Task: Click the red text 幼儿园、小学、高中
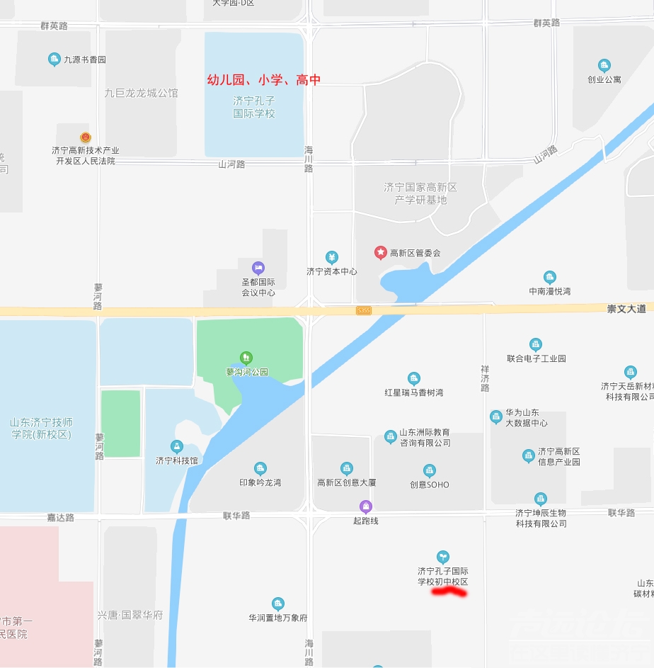pos(263,80)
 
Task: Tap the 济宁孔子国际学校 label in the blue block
pos(254,108)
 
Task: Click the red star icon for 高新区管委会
pos(380,252)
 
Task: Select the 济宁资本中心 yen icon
pos(331,257)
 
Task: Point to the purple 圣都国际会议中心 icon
pos(258,268)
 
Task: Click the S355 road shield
pos(364,310)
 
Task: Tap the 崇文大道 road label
pos(626,309)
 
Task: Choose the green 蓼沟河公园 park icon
pos(246,358)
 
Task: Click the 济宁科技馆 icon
pos(177,446)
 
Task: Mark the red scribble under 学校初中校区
pos(449,591)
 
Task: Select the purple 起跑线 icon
pos(365,506)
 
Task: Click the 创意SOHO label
pos(429,485)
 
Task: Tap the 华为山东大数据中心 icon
pos(495,417)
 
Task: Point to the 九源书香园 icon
pos(54,60)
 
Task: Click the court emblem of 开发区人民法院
pos(86,137)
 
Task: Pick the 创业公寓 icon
pos(604,66)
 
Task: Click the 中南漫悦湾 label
pos(549,291)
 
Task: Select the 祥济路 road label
pos(485,379)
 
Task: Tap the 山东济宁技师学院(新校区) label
pos(42,429)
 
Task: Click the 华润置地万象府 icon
pos(277,604)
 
